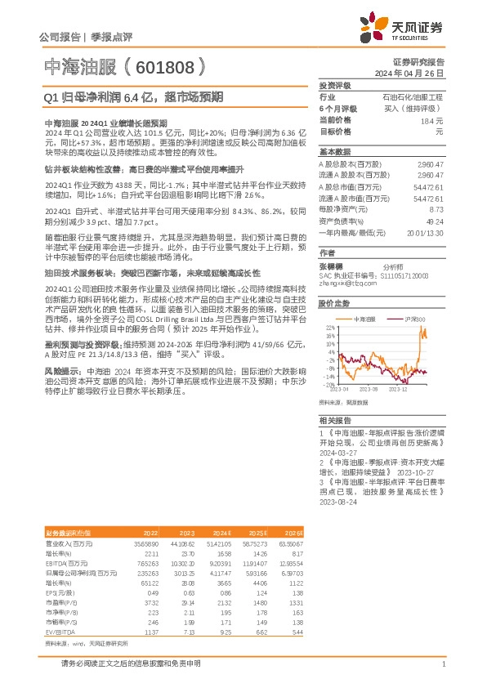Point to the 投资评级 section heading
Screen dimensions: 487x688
point(335,85)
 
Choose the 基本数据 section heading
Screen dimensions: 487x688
point(335,152)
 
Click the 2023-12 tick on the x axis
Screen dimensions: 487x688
point(400,390)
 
